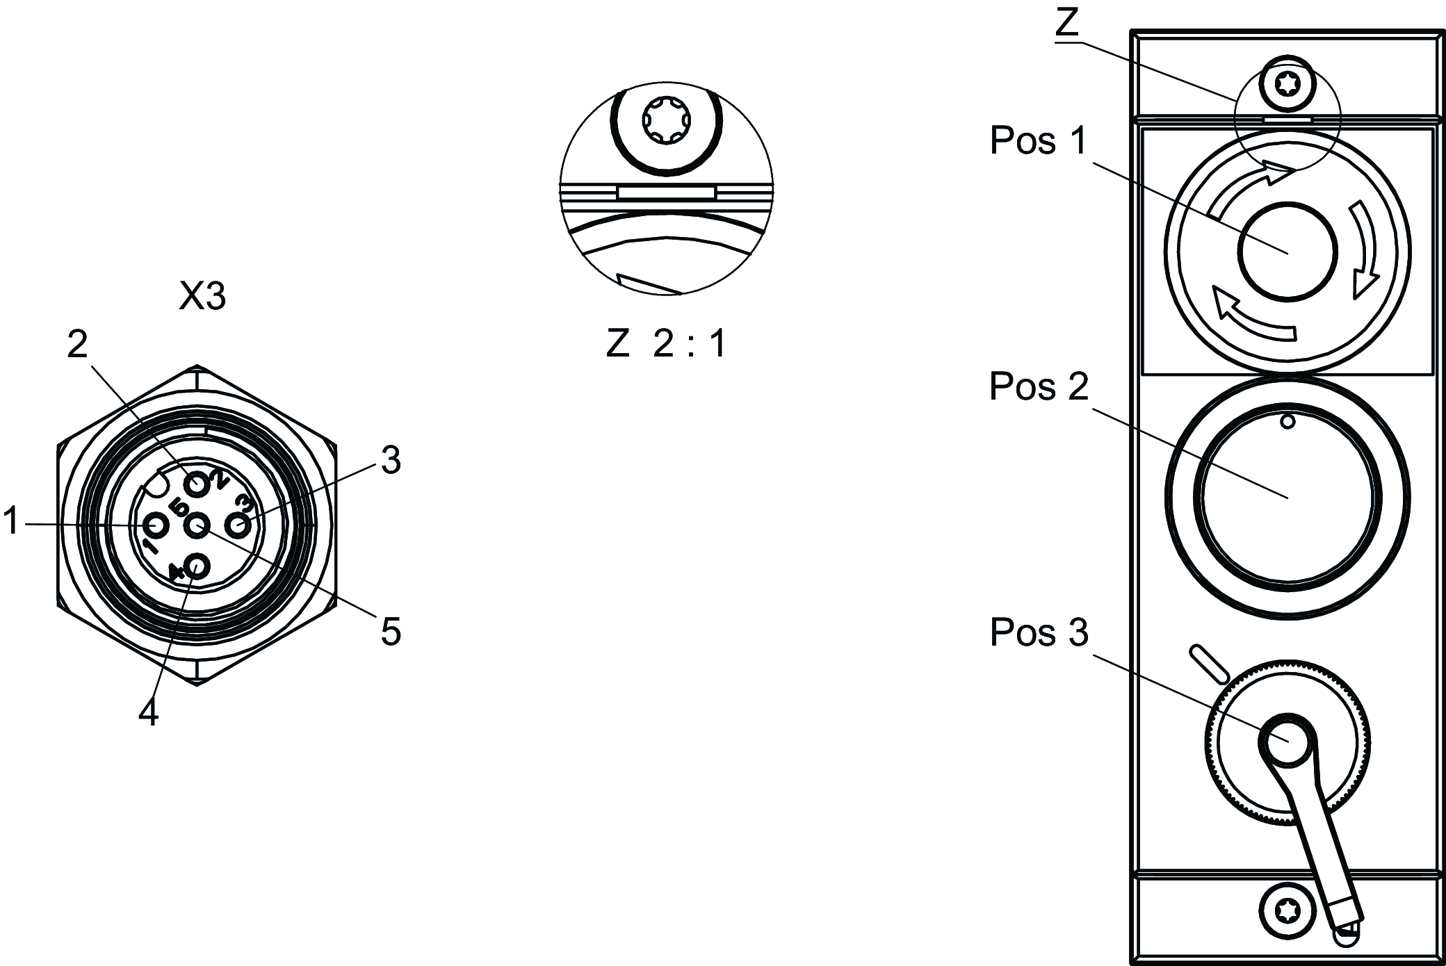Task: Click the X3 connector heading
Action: tap(202, 297)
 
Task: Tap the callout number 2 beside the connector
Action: tap(78, 343)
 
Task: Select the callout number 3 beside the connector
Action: tap(391, 460)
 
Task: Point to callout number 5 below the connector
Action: tap(391, 632)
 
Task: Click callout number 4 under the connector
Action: tap(148, 712)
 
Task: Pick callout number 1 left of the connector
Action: tap(11, 521)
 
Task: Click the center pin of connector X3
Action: tap(197, 525)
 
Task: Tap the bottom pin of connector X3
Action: tap(197, 566)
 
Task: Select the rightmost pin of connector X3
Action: tap(239, 526)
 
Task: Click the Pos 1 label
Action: tap(1039, 141)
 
